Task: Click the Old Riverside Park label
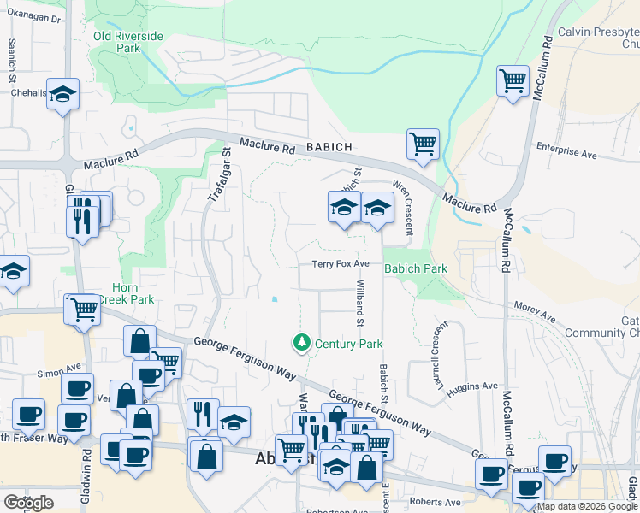click(128, 43)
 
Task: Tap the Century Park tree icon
click(301, 343)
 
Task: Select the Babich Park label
click(416, 268)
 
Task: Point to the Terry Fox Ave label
click(340, 264)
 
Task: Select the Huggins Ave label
click(477, 386)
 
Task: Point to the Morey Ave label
click(535, 312)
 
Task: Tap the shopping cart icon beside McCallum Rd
click(513, 81)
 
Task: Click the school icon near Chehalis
click(62, 94)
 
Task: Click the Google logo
click(29, 503)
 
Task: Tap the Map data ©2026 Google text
click(588, 506)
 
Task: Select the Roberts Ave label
click(435, 502)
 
